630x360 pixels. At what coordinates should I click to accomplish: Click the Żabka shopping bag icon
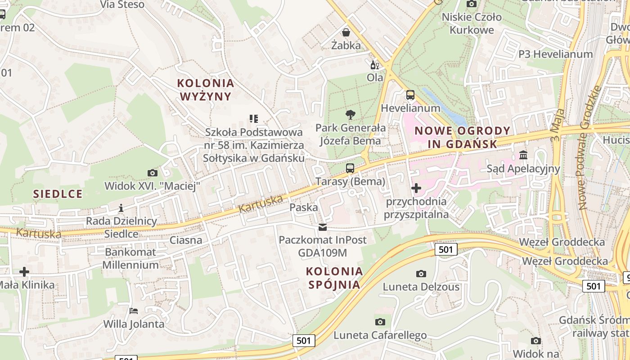coord(346,32)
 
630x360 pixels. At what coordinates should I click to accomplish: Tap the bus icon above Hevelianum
coord(410,95)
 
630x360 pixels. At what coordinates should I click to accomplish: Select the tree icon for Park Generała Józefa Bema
coord(350,115)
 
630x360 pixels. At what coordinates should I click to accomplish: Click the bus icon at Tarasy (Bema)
coord(350,168)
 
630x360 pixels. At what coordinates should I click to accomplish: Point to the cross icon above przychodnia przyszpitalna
coord(416,188)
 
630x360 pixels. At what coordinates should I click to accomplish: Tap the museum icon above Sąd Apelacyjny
coord(523,155)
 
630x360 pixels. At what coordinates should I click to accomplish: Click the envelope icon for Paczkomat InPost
coord(323,227)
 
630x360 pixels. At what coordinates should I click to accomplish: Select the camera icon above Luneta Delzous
coord(421,274)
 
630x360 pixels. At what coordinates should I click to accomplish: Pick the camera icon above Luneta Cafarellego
coord(380,322)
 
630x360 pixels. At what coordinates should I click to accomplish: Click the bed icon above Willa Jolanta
coord(134,310)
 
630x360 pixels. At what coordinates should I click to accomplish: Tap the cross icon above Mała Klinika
coord(24,271)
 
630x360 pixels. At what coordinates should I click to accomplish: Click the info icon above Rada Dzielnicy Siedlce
coord(121,208)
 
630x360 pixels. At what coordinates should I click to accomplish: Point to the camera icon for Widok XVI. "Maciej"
coord(152,173)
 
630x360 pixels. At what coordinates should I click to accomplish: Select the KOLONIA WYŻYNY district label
coord(206,90)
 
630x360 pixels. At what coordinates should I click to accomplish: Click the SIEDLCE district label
coord(58,194)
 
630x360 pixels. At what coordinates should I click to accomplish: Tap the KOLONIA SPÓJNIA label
coord(334,278)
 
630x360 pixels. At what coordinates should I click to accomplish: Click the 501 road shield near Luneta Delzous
coord(446,249)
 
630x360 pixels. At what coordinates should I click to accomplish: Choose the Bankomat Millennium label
coord(130,258)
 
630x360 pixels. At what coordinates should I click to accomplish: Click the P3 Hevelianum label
coord(555,54)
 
